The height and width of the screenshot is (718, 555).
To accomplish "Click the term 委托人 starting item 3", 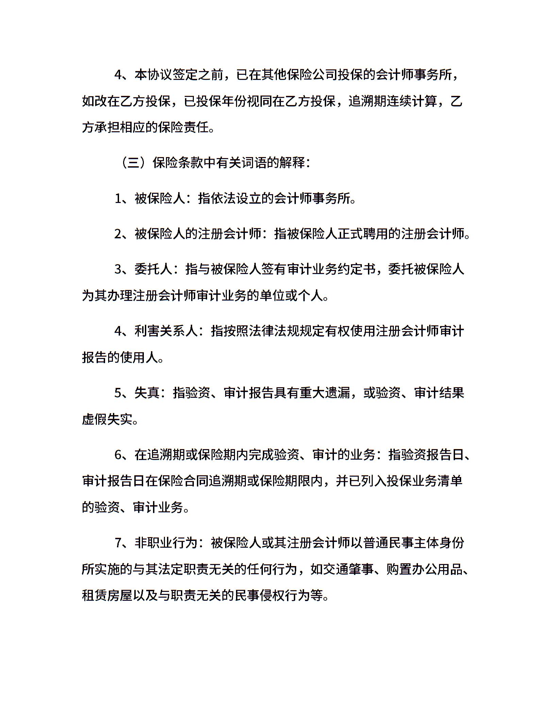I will [x=153, y=269].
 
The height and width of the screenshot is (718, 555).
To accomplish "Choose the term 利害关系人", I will [x=166, y=331].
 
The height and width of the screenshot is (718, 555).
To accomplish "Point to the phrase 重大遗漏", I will [x=324, y=393].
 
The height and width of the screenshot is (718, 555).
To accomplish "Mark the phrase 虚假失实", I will [x=107, y=420].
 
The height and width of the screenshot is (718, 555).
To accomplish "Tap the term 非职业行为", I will [x=166, y=543].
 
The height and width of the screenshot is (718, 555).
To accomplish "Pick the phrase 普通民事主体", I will [x=401, y=543].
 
